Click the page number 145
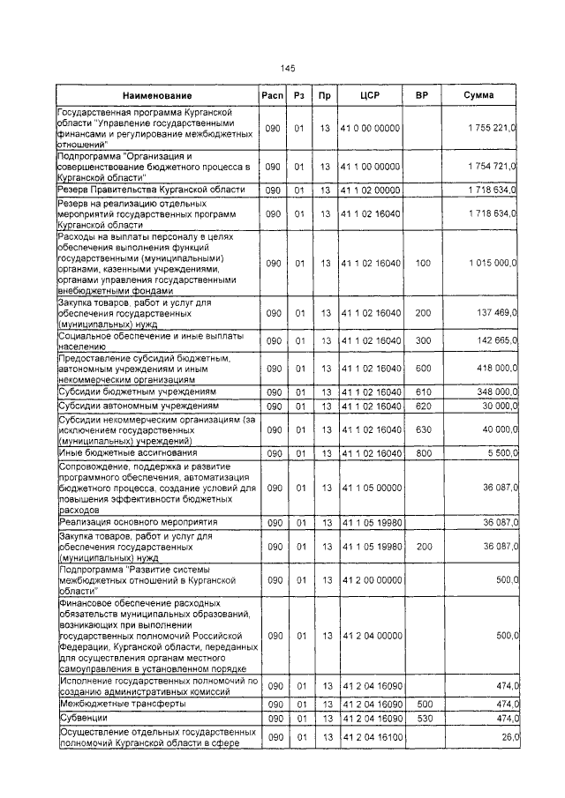[287, 68]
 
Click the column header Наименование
[157, 94]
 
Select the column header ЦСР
[370, 94]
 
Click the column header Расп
[272, 94]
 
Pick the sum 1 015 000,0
[493, 264]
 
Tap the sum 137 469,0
[497, 313]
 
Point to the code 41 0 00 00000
[370, 129]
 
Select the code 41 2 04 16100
[370, 737]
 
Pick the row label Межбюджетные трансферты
[109, 705]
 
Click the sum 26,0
[506, 737]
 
